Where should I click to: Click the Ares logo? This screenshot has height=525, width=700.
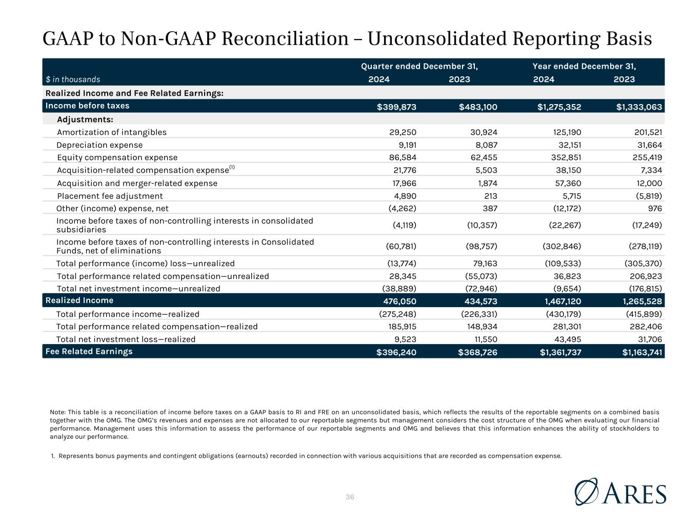point(621,492)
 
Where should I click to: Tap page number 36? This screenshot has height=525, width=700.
point(350,497)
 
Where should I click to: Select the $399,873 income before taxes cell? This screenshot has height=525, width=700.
point(396,107)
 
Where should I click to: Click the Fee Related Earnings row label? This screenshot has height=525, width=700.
point(89,351)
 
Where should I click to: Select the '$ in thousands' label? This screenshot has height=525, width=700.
point(73,79)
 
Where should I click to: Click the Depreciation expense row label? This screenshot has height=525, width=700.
point(99,145)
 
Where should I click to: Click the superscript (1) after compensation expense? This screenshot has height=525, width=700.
point(232,167)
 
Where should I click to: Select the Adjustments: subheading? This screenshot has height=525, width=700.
point(85,119)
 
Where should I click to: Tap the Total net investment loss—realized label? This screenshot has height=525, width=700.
point(126,339)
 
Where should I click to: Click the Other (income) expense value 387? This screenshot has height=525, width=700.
point(490,209)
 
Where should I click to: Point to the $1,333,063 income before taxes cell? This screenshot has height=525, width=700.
point(639,107)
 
